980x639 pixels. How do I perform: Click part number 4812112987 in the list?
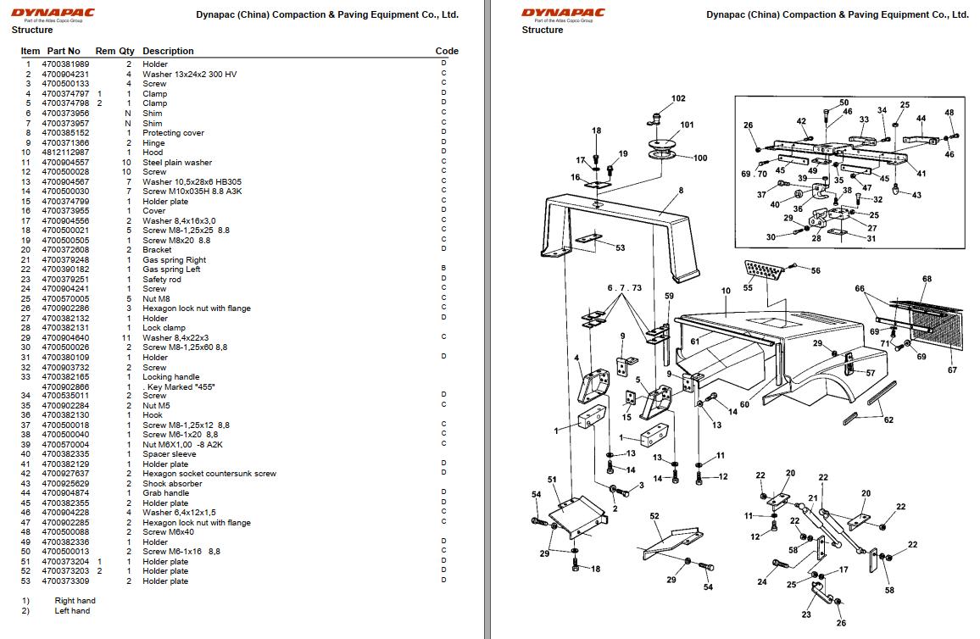(65, 153)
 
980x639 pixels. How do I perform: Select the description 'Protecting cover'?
(173, 133)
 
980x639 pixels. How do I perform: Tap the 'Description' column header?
(168, 51)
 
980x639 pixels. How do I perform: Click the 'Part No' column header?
(64, 51)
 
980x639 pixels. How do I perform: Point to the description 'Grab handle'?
(165, 493)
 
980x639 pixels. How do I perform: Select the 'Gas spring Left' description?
(171, 269)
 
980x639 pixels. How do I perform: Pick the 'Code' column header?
(447, 51)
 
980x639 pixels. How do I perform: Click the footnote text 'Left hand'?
(73, 610)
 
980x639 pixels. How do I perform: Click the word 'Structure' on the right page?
(543, 30)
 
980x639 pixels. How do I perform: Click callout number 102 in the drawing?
(678, 98)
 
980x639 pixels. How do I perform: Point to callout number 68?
(927, 279)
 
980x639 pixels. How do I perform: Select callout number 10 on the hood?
(726, 291)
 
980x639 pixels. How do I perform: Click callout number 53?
(621, 247)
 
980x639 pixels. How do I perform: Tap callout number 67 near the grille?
(952, 370)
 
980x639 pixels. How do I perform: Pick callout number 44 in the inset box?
(921, 119)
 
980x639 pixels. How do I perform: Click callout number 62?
(888, 420)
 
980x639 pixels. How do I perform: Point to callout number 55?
(748, 287)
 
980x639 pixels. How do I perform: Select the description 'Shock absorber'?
(172, 484)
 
